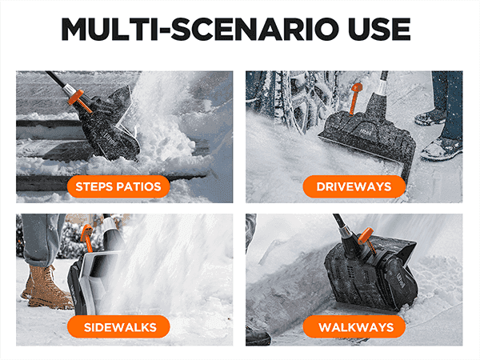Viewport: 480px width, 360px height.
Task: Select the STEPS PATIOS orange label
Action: pos(118,186)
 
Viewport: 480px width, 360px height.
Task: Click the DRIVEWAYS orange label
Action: pos(354,186)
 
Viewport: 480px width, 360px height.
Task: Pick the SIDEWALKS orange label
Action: pos(118,327)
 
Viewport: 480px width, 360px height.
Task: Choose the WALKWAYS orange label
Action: pos(354,327)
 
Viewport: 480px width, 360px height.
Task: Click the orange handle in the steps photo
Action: pos(78,100)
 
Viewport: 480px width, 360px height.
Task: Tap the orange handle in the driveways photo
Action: pos(356,98)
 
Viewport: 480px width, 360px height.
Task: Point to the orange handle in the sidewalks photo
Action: pos(86,237)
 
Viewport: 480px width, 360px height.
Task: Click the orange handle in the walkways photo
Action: pos(367,241)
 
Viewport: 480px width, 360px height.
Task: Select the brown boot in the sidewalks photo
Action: pos(46,288)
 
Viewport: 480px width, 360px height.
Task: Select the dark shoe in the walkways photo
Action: pos(258,336)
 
